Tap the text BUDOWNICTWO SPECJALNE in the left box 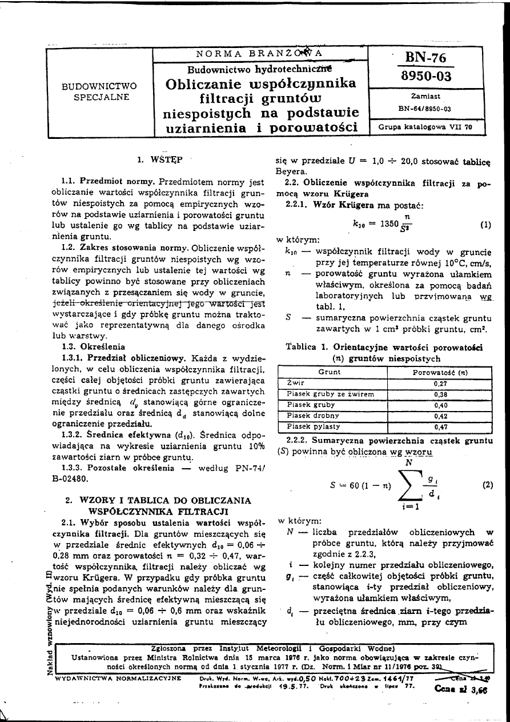pos(99,91)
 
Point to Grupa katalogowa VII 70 pos(425,127)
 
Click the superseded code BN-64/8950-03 pos(425,108)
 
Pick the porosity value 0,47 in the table pos(439,426)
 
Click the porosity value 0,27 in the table pos(439,384)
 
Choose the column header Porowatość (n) pos(439,372)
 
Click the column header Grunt pos(330,372)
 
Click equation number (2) pos(487,485)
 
